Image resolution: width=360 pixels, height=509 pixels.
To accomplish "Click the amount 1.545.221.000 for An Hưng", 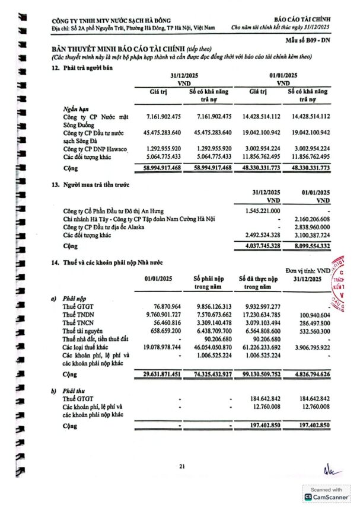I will pyautogui.click(x=262, y=211).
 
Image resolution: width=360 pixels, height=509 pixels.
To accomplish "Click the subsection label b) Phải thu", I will pyautogui.click(x=68, y=392).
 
